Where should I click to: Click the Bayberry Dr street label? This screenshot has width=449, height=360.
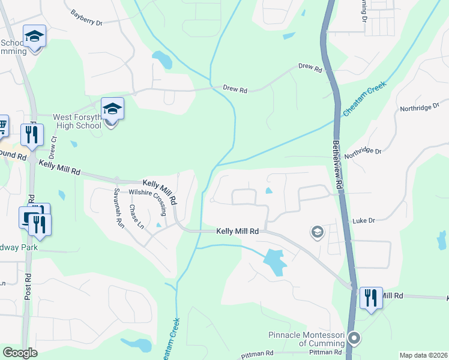87,17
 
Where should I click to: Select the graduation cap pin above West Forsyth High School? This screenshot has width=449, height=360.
112,109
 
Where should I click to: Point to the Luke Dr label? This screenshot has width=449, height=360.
363,221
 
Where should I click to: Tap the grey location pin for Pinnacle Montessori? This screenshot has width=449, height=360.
354,338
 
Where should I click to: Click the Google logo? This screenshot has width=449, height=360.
20,353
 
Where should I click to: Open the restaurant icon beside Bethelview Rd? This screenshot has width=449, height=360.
371,298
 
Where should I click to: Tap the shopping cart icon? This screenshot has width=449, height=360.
2,125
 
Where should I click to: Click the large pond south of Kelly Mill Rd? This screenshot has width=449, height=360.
274,261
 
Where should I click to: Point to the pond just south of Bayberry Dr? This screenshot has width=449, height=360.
161,59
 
